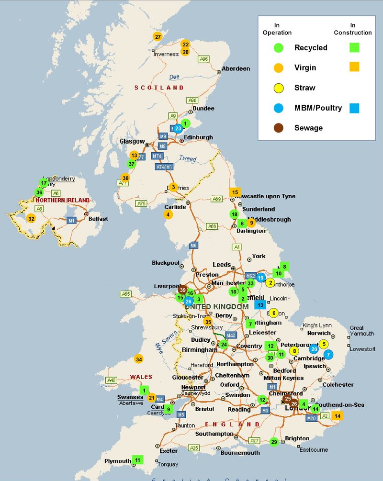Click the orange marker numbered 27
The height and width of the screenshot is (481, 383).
click(158, 36)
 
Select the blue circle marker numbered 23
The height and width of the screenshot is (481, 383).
click(178, 128)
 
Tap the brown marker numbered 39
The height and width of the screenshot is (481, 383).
click(182, 290)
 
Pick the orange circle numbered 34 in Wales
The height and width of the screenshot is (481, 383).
click(138, 359)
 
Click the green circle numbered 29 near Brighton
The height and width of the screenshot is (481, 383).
click(274, 442)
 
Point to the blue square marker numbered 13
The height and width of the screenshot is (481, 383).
click(260, 304)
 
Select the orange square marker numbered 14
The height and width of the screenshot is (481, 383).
click(338, 416)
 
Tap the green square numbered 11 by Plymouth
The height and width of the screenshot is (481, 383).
click(138, 460)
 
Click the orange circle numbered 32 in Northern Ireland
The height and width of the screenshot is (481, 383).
click(31, 219)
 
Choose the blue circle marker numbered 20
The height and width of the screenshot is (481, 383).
click(314, 349)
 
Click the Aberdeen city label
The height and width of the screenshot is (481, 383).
click(236, 69)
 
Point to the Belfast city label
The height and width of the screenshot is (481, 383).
click(98, 219)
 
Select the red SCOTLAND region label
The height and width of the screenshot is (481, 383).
click(159, 88)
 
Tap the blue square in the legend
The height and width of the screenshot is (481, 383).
click(354, 108)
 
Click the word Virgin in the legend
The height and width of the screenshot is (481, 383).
click(305, 67)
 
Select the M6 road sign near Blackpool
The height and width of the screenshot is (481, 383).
click(193, 246)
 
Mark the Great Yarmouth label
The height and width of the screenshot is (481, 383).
click(356, 331)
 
